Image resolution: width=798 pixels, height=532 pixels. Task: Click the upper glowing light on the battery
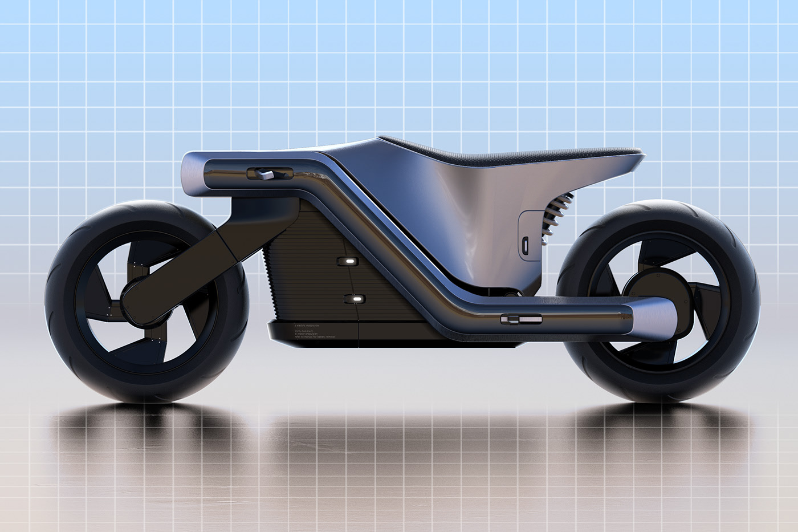tap(345, 261)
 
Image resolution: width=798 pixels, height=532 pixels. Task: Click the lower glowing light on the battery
tap(357, 299)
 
